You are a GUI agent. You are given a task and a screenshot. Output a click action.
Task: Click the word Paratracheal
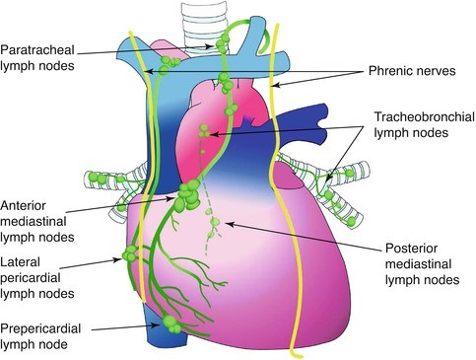point(37,50)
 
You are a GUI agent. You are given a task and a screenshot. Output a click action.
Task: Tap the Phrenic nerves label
point(412,71)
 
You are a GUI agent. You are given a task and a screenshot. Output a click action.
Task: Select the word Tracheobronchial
point(425,117)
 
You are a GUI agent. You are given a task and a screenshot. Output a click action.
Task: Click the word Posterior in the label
point(411,249)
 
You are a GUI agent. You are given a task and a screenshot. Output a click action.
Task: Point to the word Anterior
point(23,206)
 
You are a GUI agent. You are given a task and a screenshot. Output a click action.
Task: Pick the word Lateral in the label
point(20,262)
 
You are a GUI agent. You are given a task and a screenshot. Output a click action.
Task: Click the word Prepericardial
point(40,328)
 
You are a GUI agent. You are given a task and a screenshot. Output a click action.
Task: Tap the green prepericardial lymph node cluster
point(171,324)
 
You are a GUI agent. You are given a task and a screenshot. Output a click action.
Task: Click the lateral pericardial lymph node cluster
point(129,253)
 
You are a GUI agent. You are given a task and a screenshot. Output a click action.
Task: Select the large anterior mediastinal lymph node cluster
point(187,195)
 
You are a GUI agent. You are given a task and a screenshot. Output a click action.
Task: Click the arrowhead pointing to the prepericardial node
point(156,324)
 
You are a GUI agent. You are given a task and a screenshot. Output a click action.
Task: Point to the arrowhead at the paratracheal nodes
point(209,46)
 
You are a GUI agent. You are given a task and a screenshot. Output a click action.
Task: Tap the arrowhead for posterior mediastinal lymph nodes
point(230,225)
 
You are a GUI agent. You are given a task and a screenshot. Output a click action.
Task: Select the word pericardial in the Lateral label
point(31,278)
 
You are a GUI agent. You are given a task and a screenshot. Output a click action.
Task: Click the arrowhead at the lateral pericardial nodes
point(117,259)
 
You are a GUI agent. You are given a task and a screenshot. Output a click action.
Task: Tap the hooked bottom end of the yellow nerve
point(297,354)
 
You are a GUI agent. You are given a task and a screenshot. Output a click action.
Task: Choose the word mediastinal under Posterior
point(419,264)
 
